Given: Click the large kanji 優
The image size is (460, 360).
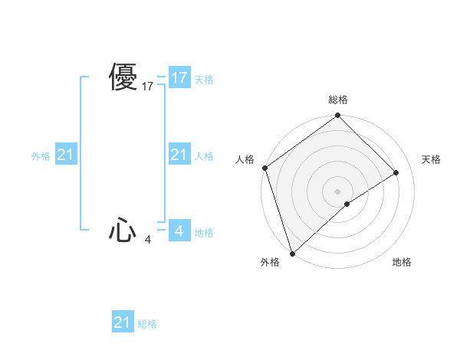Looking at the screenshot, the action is pos(123,77).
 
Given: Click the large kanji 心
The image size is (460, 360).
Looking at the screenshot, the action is pos(123,230).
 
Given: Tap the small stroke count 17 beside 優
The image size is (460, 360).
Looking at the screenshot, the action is pos(148,87).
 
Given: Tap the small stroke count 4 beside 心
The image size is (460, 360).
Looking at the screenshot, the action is pos(148,240).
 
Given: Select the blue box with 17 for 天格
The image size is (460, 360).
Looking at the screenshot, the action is pos(179,78).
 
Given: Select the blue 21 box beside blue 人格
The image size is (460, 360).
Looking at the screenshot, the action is pos(179,155).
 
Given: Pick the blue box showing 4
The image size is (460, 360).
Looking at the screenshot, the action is pos(179,231).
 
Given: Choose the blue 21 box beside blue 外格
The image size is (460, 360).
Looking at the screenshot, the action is pos(66,155).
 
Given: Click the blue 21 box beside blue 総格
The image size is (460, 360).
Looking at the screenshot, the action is pos(123,322).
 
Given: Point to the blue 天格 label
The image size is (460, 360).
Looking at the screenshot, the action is pos(204,80).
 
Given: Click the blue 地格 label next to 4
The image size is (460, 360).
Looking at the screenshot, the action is pos(204,233).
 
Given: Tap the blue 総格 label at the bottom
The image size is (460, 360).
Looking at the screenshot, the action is pos(147,324).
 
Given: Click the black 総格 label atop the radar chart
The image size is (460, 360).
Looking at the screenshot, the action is pos(338,100).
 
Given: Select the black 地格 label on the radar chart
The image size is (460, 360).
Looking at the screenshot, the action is pos(402,262).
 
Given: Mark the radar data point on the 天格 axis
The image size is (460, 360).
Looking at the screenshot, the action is pos(396,172).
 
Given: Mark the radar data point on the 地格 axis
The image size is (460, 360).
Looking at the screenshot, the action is pos(347,204).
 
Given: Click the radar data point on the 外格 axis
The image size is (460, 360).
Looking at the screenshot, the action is pos(292,254).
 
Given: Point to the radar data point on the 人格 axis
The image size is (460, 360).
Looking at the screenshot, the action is pos(264,168).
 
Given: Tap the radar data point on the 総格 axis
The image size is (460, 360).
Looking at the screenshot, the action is pos(338,116).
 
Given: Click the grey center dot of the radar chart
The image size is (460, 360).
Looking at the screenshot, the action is pos(338,191).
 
